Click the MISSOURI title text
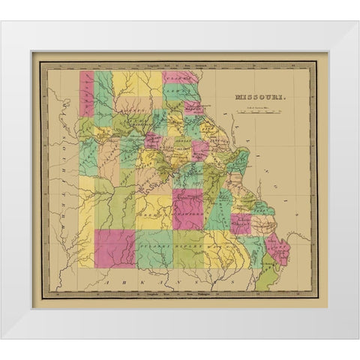[257, 97]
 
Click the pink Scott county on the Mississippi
[280, 248]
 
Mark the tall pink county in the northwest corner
[87, 94]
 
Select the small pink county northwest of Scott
[241, 221]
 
